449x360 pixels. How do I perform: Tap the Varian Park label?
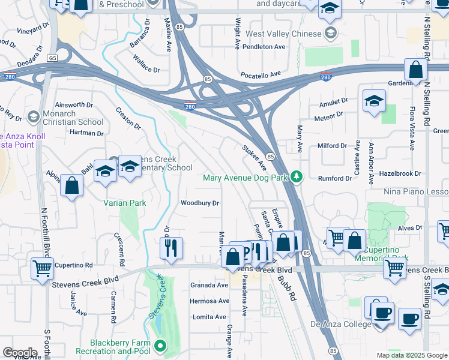point(124,203)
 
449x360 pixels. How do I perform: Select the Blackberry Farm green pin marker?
point(160,346)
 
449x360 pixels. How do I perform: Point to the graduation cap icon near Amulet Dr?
point(374,101)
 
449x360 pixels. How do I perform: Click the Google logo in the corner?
point(20,353)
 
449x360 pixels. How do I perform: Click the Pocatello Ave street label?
point(261,74)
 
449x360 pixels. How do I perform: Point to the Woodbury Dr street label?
point(200,203)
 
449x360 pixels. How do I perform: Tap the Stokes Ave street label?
point(254,156)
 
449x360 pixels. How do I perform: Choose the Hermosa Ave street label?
point(209,301)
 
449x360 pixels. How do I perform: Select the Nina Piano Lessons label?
point(416,191)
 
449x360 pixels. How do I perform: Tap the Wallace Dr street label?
point(146,65)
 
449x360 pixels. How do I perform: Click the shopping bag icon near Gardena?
point(415,71)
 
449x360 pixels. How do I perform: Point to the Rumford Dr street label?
point(335,178)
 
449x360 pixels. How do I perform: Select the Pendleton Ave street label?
point(264,47)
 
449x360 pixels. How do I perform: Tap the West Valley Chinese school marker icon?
point(330,32)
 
